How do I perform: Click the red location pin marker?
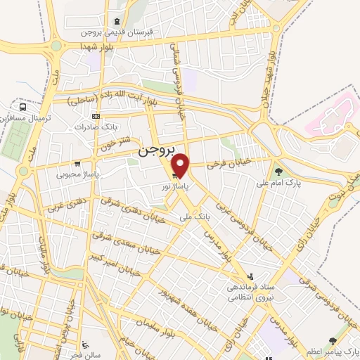point(181,166)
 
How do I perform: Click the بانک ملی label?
point(195,217)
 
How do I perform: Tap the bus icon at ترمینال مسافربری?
point(23,108)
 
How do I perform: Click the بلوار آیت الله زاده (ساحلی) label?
point(120,98)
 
